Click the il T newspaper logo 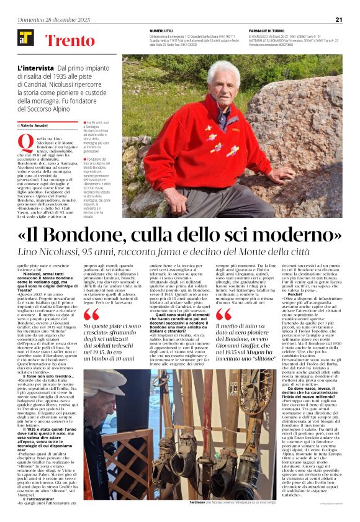pyautogui.click(x=25, y=38)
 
